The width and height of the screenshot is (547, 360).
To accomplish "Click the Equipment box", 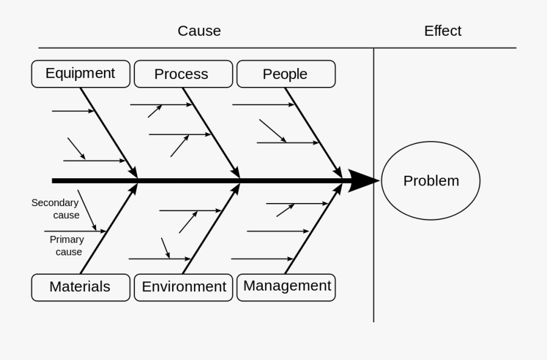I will (80, 74).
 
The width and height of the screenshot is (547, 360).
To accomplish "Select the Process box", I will (183, 74).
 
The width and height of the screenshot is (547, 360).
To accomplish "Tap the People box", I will (286, 74).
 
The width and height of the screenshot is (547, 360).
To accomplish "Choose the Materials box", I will (80, 287).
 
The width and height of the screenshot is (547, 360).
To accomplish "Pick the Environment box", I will (184, 287).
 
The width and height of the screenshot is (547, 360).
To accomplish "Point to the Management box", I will (286, 286).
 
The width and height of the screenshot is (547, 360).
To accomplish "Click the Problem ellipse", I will (431, 181).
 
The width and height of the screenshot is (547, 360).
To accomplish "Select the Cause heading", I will (199, 30).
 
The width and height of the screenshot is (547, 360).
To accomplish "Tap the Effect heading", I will (442, 30).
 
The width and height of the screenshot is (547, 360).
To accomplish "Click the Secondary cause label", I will (55, 209).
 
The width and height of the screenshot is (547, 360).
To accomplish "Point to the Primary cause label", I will (67, 246).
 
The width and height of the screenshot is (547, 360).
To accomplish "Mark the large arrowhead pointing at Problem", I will (363, 181).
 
